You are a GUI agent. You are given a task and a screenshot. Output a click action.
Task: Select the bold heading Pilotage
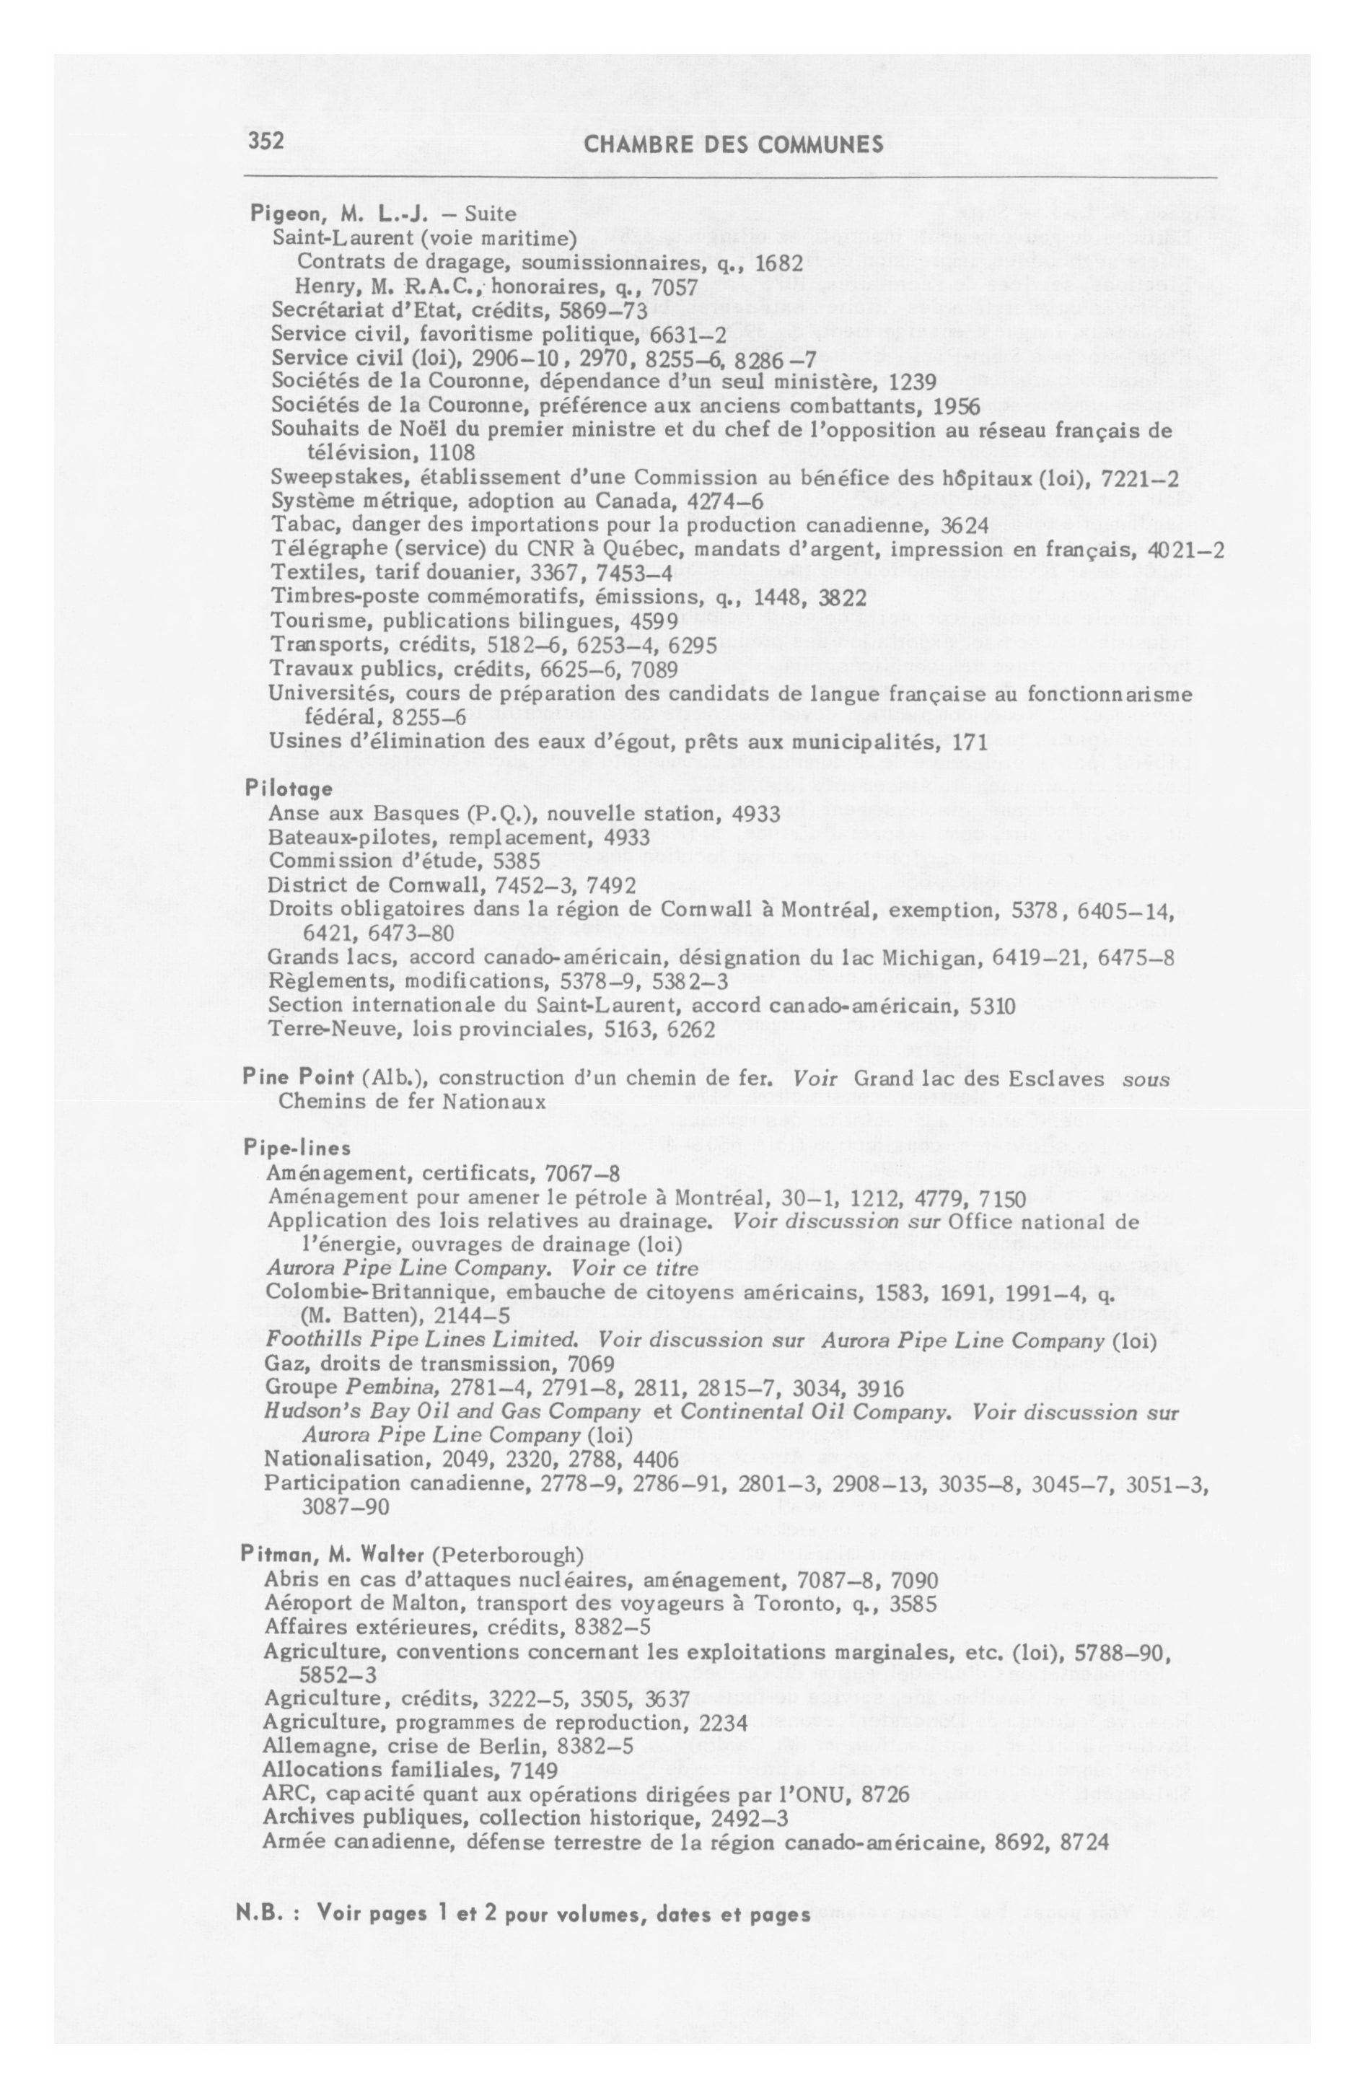pyautogui.click(x=289, y=788)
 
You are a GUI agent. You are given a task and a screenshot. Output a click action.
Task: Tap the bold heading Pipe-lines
pyautogui.click(x=285, y=1148)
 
